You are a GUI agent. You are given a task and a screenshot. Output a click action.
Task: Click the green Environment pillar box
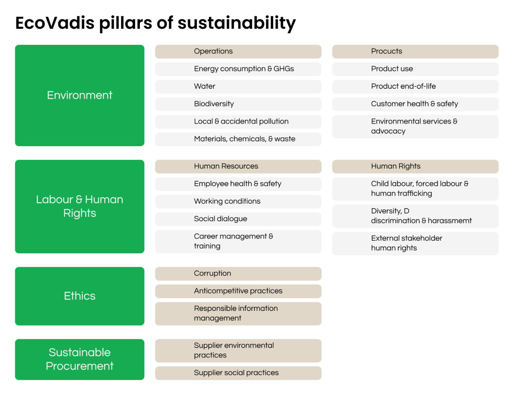click(x=80, y=95)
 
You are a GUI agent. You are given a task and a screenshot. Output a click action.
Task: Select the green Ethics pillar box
click(x=80, y=296)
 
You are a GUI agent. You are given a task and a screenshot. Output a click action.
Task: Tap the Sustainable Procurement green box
click(x=80, y=359)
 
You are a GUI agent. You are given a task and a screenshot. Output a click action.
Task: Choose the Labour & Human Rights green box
click(x=80, y=206)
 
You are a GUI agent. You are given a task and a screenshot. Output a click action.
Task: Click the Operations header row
click(x=238, y=51)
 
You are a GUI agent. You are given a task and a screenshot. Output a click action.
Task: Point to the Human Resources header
click(x=238, y=166)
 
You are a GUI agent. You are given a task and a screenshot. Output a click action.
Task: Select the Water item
click(x=238, y=86)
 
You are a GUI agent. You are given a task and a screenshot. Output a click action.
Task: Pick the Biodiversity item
click(x=238, y=104)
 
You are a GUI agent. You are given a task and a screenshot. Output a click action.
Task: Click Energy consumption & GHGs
click(x=238, y=69)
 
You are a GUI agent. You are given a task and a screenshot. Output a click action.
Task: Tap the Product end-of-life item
click(x=415, y=86)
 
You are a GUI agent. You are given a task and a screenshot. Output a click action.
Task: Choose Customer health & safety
click(x=415, y=104)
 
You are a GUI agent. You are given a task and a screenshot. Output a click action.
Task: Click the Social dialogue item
click(x=238, y=219)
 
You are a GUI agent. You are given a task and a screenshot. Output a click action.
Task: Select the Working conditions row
click(x=238, y=201)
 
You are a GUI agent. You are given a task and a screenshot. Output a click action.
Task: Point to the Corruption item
click(x=238, y=274)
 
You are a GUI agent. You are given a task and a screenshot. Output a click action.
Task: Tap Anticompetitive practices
click(x=238, y=291)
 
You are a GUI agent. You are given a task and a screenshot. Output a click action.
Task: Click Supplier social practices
click(x=238, y=373)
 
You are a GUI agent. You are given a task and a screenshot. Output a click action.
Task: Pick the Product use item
click(x=415, y=69)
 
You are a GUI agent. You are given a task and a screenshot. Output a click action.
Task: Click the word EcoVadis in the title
click(x=54, y=23)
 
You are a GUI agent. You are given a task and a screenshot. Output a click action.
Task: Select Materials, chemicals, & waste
click(x=238, y=139)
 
